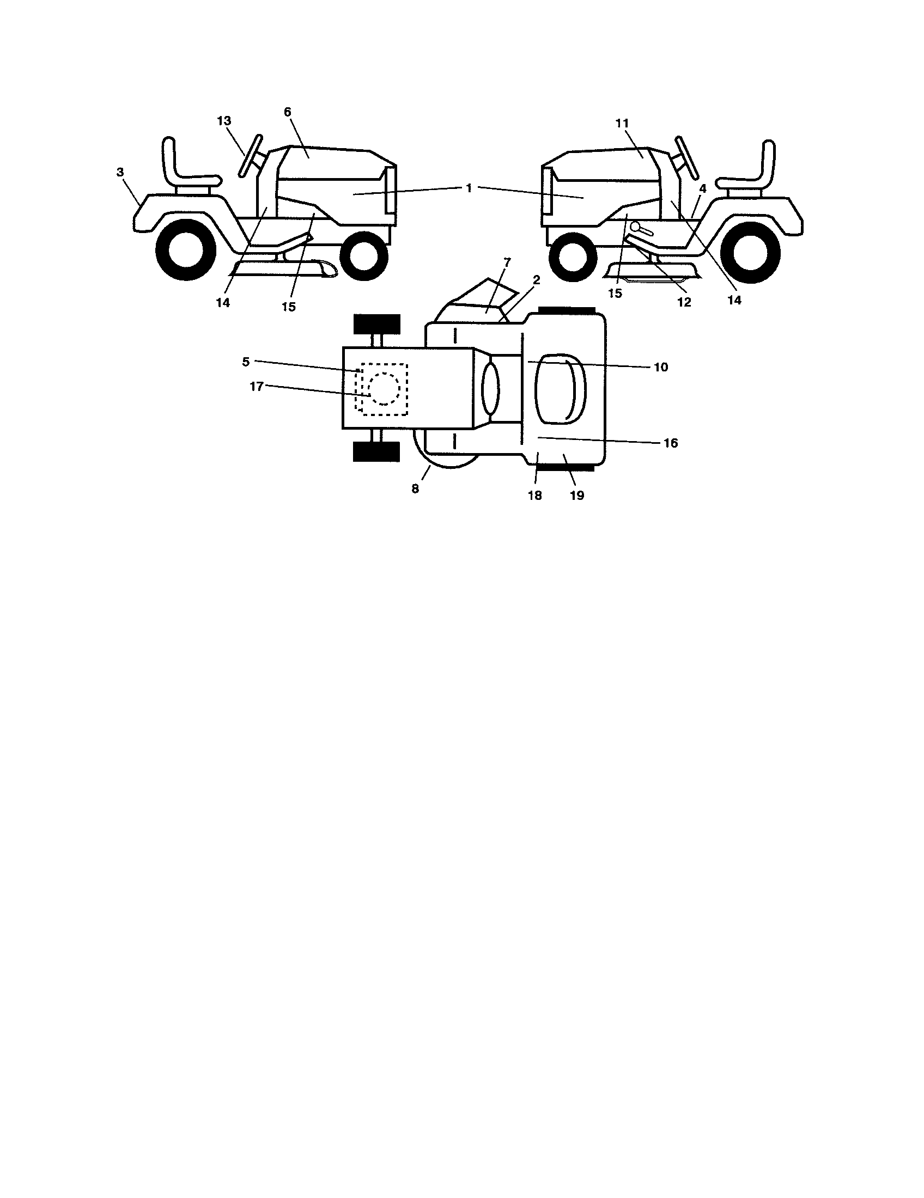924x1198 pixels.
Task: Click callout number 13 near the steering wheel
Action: click(x=224, y=121)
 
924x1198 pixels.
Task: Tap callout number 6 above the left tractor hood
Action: click(x=288, y=112)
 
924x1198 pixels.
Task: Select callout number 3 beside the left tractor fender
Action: click(x=120, y=172)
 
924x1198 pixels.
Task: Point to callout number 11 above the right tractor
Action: click(x=622, y=124)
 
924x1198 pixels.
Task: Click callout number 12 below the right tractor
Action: click(x=684, y=302)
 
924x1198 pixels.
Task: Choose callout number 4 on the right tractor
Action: click(x=703, y=188)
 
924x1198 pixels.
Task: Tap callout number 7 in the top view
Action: click(x=507, y=262)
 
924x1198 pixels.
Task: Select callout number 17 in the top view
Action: click(x=257, y=386)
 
